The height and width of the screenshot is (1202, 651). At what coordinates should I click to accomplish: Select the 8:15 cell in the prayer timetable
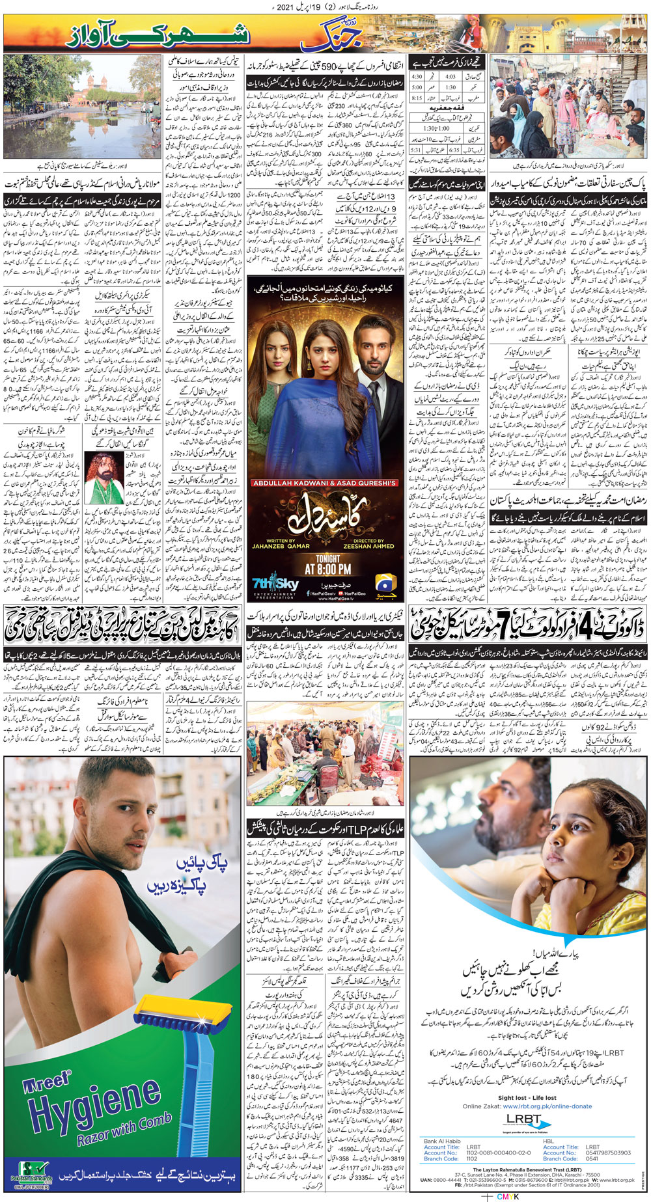tap(417, 98)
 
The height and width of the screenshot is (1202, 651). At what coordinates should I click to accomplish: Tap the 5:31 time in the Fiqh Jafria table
tap(417, 150)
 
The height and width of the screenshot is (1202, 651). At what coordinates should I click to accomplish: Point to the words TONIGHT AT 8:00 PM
tap(327, 563)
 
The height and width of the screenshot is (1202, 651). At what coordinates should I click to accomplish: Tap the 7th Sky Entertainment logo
tap(275, 584)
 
